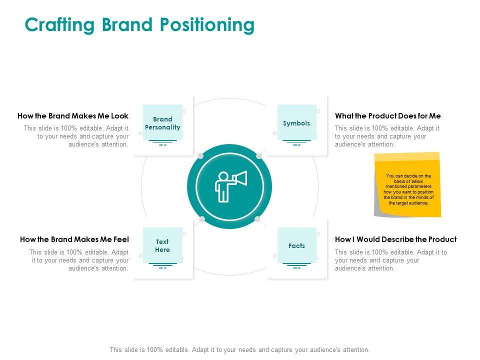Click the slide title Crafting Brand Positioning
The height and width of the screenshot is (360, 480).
139,24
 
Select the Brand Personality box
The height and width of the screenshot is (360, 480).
162,123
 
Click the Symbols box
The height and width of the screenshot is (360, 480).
296,123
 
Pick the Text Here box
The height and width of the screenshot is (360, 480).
162,245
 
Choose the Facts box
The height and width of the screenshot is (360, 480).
296,245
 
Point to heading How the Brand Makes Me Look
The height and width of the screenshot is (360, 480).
73,116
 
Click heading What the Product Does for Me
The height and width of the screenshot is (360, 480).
388,116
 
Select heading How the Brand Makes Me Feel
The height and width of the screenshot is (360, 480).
74,239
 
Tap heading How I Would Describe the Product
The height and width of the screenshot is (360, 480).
395,239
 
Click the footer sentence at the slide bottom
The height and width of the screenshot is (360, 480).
239,349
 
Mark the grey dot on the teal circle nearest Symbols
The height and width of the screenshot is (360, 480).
259,156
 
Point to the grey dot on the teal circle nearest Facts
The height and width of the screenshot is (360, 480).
257,219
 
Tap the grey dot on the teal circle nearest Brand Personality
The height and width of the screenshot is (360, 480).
201,156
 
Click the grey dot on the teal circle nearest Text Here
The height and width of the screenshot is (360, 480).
202,218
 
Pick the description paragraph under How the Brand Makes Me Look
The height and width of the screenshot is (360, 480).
76,136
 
